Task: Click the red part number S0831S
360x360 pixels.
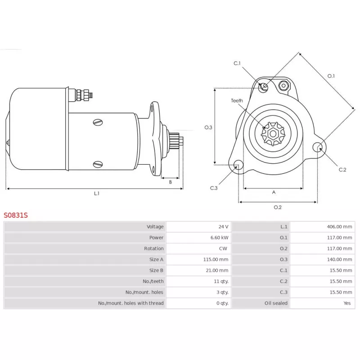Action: (x=16, y=215)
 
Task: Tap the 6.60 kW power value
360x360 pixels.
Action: (x=219, y=238)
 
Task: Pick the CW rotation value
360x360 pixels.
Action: (x=223, y=248)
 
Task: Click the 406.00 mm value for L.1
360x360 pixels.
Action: (x=339, y=227)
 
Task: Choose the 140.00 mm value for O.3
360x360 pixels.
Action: (x=339, y=260)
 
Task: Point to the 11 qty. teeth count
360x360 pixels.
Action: (x=221, y=281)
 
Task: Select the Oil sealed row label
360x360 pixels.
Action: (x=276, y=303)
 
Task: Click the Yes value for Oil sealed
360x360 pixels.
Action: (x=347, y=303)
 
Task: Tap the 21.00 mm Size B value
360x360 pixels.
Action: (x=217, y=270)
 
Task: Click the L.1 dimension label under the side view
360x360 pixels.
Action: (x=97, y=193)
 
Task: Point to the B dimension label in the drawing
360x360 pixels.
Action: (x=171, y=182)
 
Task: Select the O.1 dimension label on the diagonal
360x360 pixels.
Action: (x=331, y=76)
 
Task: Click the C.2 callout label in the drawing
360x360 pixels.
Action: (x=342, y=170)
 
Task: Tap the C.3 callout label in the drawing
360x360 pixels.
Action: (x=213, y=188)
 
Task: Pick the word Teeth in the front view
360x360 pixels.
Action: (x=237, y=100)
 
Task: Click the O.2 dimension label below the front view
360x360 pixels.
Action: (x=278, y=207)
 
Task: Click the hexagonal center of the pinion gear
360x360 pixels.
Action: (x=273, y=134)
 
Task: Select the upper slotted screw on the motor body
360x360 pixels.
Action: (x=98, y=122)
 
